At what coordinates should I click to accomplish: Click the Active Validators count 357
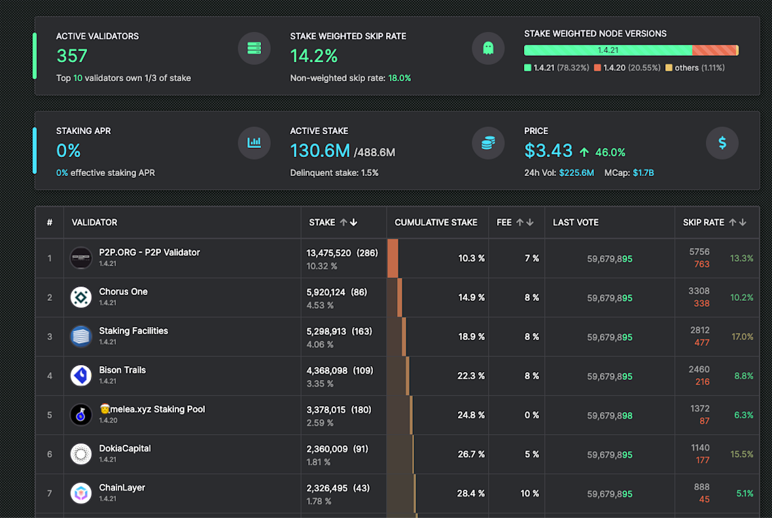click(x=72, y=56)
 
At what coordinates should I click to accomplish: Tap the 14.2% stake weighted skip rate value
click(x=314, y=56)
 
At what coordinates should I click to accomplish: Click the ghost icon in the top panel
click(x=488, y=48)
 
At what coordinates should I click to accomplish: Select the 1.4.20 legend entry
click(x=627, y=68)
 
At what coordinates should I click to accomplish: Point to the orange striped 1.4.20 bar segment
click(x=714, y=50)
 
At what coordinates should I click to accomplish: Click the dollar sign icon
click(x=722, y=143)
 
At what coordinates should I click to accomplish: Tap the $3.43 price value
click(x=548, y=151)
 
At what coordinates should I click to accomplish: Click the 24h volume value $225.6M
click(x=576, y=173)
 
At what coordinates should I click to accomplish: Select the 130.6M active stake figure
click(x=320, y=151)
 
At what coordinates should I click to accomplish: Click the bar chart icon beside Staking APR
click(x=254, y=143)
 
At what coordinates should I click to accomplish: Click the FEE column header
click(x=504, y=222)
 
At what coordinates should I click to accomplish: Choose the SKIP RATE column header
click(x=703, y=222)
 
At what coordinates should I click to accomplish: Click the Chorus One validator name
click(x=123, y=292)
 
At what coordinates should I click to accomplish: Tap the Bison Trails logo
click(x=81, y=375)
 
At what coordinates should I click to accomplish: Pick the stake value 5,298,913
click(x=328, y=331)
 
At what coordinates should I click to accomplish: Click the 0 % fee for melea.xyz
click(x=531, y=415)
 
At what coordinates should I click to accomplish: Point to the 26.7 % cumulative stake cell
click(x=471, y=455)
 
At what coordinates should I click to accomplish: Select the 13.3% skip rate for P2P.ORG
click(x=741, y=258)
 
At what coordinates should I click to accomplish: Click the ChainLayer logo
click(x=81, y=493)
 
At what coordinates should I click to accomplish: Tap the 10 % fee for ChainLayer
click(x=529, y=494)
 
